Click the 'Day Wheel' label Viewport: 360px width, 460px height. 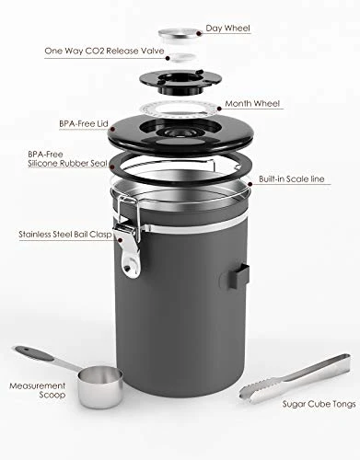227,29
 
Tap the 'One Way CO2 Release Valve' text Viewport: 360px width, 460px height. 104,51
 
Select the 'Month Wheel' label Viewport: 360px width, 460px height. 252,103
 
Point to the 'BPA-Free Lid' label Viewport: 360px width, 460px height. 84,123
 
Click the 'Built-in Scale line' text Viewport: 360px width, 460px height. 292,178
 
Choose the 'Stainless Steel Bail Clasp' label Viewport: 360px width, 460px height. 65,235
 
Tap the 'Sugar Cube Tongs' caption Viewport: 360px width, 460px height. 319,404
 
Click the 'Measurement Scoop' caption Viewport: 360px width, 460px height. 38,390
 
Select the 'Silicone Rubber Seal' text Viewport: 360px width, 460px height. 67,163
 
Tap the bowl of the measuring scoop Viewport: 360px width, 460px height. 100,387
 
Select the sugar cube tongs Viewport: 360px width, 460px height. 295,379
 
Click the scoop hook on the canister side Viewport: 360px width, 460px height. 238,276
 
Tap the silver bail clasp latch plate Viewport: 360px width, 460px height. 131,250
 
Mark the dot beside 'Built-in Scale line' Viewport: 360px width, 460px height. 250,184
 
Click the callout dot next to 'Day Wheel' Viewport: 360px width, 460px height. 199,33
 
